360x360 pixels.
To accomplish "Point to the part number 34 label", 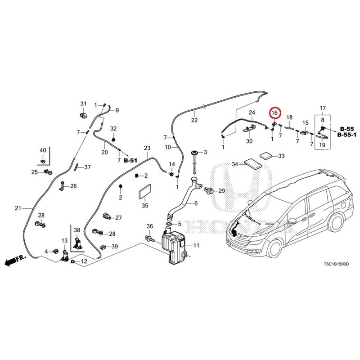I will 235,164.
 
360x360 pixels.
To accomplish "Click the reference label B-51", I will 130,160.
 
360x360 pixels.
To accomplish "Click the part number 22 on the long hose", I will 194,120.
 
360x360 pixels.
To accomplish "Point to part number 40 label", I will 43,150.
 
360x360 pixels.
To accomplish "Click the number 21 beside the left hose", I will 18,208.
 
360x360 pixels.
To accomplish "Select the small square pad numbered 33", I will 266,156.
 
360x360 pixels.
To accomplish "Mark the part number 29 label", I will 221,191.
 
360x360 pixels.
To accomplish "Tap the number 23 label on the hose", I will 146,148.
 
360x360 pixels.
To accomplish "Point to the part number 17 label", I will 322,108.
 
